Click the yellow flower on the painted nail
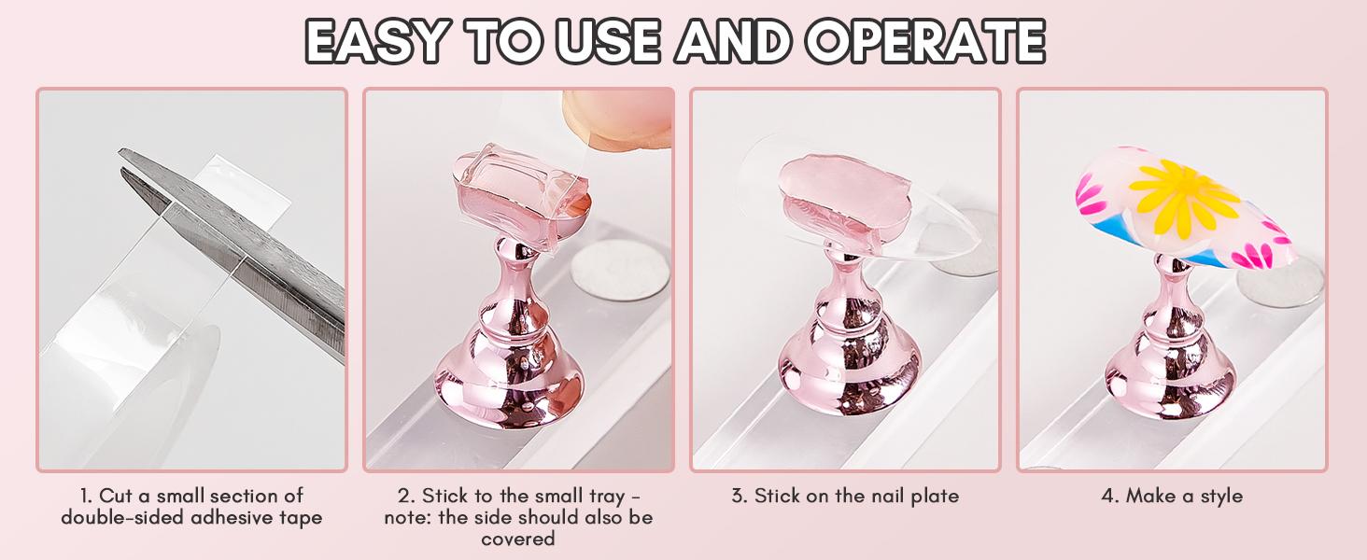click(1185, 198)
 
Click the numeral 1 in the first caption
click(85, 496)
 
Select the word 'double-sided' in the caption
click(122, 517)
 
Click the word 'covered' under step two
click(518, 539)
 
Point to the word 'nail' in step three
click(887, 496)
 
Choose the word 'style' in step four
click(1221, 496)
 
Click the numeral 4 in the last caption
click(1107, 496)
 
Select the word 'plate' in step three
click(936, 496)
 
